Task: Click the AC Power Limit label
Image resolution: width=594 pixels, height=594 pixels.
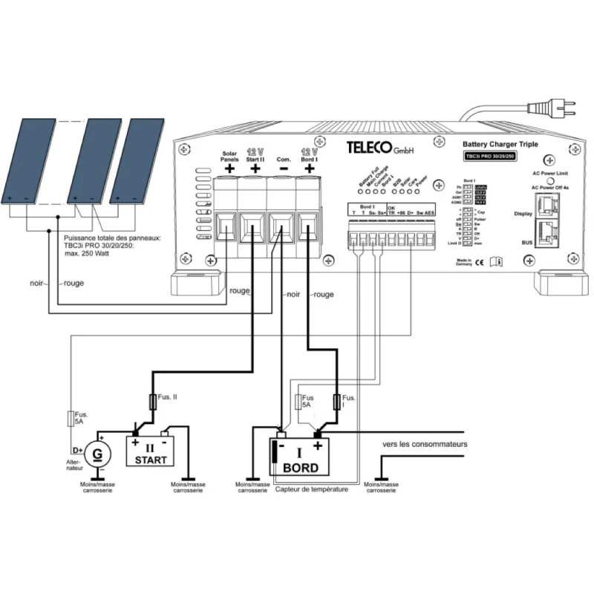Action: click(x=551, y=172)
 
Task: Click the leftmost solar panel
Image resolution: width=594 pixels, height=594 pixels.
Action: click(x=27, y=161)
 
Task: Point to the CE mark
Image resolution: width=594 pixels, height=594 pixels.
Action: click(x=480, y=261)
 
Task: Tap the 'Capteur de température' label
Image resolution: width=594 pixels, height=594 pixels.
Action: click(x=311, y=490)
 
